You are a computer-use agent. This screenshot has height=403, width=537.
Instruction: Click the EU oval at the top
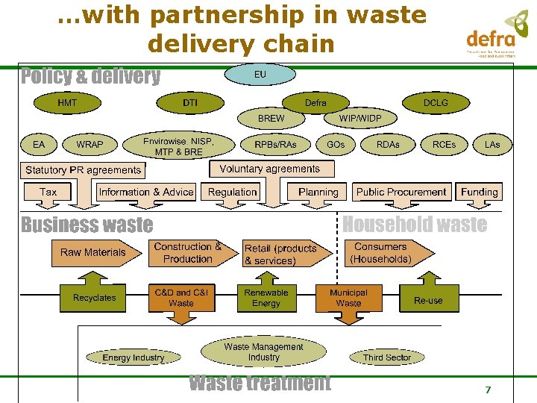260,75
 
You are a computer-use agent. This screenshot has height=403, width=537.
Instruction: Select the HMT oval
67,102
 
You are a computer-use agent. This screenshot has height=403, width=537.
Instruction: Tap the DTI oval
190,102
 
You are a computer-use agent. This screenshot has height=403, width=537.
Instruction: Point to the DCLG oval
436,102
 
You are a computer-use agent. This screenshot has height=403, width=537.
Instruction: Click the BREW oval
271,119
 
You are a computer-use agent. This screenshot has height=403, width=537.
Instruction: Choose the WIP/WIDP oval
359,119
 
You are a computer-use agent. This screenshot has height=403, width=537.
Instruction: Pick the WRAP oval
90,144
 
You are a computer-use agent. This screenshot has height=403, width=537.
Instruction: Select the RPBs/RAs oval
275,144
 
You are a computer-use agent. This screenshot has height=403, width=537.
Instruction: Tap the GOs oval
336,144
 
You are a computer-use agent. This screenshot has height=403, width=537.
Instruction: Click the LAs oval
492,144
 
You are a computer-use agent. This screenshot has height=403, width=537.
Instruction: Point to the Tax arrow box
48,193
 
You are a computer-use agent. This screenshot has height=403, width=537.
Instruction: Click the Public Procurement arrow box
401,193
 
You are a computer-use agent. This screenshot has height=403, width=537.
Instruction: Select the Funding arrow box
480,193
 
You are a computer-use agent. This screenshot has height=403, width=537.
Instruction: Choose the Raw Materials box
93,253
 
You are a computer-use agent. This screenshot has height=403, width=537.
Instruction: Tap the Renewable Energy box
266,298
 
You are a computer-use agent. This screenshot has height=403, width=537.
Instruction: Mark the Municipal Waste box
348,298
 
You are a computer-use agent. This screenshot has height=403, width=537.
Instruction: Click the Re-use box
428,300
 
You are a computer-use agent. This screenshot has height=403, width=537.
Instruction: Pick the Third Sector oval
387,357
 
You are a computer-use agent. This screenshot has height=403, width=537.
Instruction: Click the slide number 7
488,390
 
